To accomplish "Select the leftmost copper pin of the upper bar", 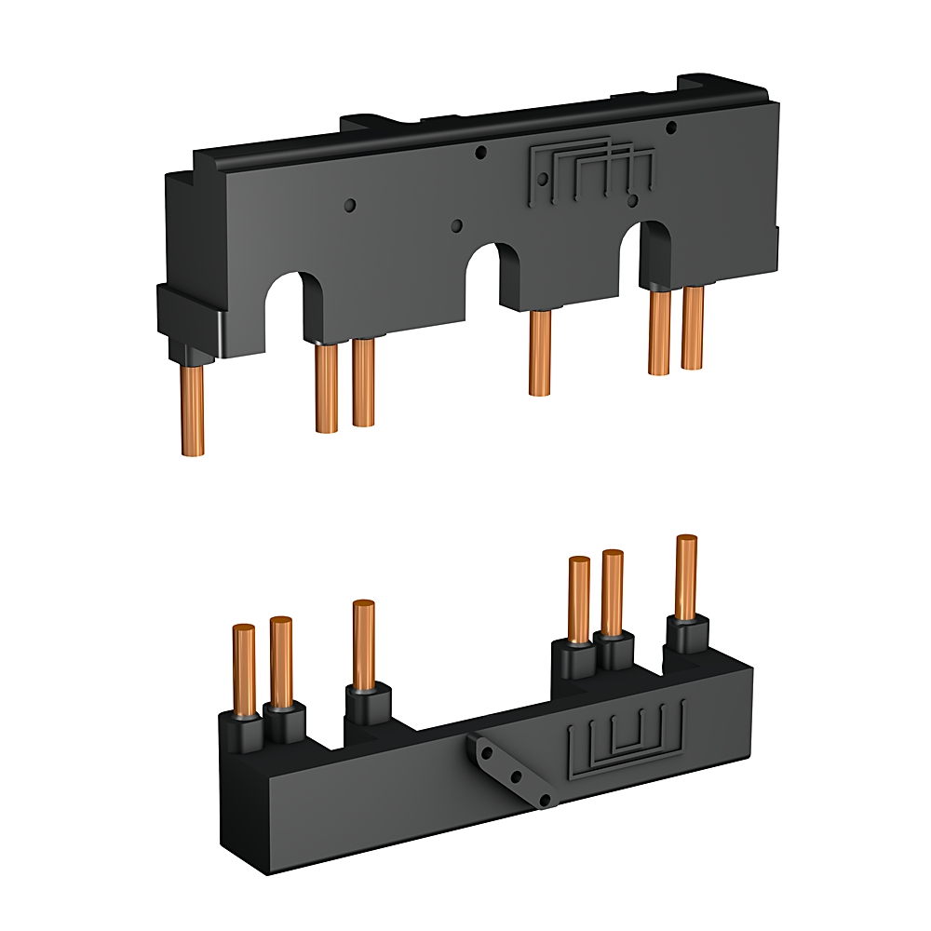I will pos(193,410).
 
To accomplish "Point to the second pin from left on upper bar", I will pos(326,388).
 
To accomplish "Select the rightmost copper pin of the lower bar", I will pos(686,577).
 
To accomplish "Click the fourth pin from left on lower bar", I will pos(578,599).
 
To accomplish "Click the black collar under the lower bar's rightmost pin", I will pos(686,637).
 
